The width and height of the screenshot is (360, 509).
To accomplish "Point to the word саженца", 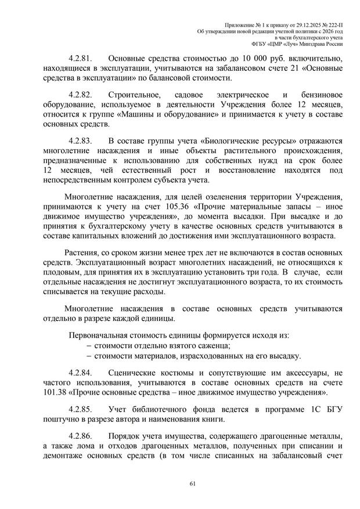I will [x=189, y=346].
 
